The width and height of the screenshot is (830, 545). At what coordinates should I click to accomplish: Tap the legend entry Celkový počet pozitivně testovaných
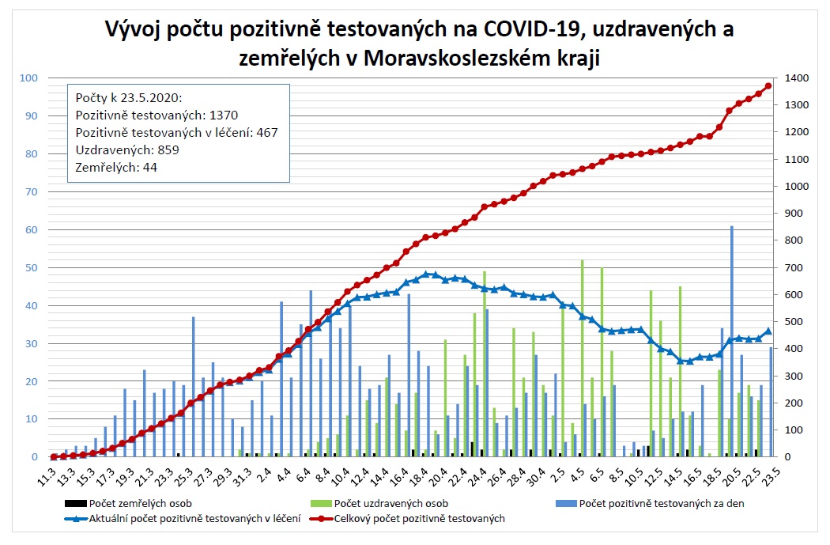(x=419, y=519)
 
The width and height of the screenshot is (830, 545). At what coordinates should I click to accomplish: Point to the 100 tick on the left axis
(x=29, y=78)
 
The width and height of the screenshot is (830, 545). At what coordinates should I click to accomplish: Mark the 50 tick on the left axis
(x=32, y=267)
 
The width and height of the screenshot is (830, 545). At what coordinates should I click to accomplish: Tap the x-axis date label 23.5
(x=771, y=479)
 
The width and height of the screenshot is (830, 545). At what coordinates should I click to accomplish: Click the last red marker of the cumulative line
(x=768, y=86)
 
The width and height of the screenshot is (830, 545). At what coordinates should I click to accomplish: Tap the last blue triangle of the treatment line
(x=768, y=331)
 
